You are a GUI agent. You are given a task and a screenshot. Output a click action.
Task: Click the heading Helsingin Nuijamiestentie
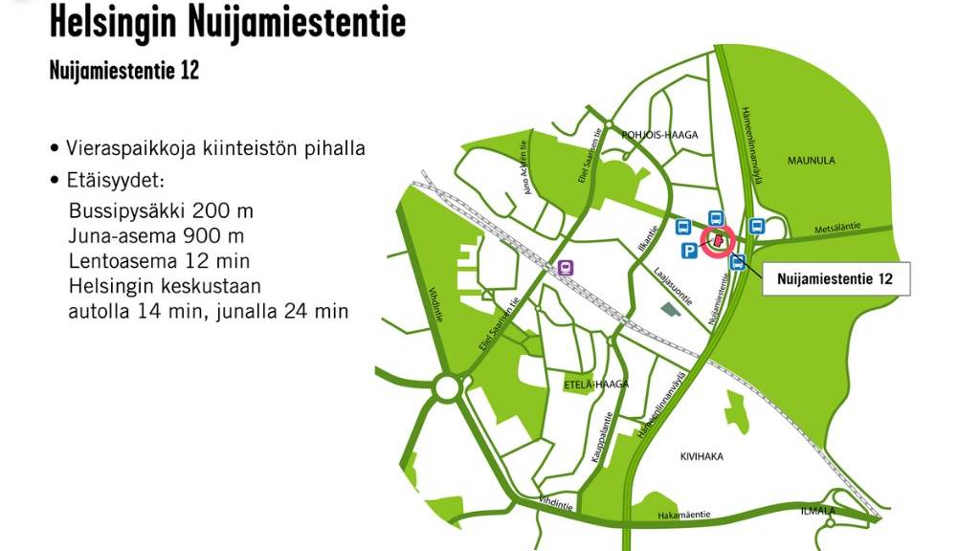point(227,21)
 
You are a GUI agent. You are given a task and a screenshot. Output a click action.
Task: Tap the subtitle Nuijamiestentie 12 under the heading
point(124,71)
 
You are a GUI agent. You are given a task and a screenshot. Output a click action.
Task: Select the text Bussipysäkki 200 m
point(161,210)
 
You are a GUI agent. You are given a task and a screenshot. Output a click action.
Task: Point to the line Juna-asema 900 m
point(156,235)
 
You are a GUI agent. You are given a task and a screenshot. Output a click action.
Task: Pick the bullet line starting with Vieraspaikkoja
point(208,148)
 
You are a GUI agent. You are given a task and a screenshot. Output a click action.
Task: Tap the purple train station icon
point(566,268)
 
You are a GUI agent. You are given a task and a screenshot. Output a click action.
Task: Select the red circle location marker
point(717,241)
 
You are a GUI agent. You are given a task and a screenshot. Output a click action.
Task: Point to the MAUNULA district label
point(811,161)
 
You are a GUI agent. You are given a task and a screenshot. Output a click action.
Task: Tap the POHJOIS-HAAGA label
point(659,135)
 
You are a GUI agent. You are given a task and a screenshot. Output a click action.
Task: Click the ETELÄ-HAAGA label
point(596,384)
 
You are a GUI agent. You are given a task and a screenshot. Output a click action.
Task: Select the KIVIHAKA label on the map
point(701,457)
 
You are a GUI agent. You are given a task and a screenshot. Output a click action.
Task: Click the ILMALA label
point(817,512)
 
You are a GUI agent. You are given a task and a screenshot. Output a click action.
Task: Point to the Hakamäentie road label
point(683,515)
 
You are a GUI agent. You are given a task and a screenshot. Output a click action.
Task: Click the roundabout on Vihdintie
point(446,388)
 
